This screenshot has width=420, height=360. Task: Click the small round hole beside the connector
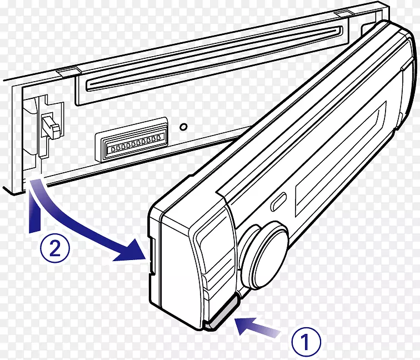(x=184, y=126)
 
